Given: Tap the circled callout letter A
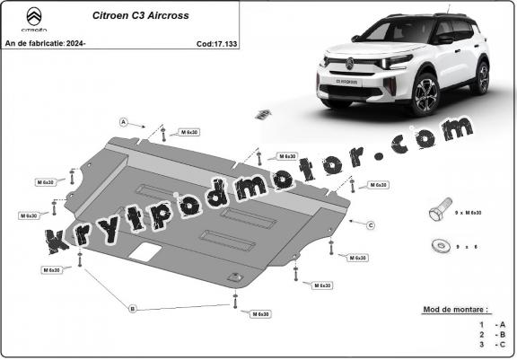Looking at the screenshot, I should coord(124,122).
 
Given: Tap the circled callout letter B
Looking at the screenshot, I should coord(133,309).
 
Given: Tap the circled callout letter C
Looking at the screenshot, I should coord(370,224).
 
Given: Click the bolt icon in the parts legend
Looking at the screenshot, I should coord(437,212).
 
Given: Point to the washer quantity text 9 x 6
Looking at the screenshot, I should coord(467,243).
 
